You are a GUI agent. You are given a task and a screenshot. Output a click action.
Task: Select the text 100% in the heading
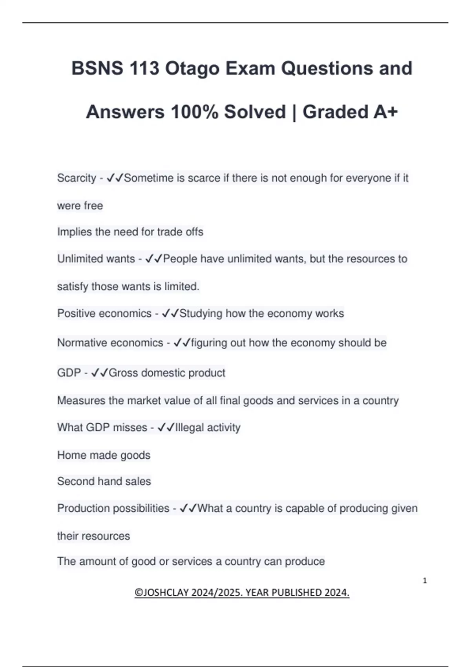(194, 112)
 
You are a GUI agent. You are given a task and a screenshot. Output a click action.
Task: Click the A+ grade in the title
(385, 112)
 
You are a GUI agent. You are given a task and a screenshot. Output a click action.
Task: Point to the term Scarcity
(77, 178)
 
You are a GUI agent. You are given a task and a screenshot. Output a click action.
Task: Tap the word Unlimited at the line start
(76, 259)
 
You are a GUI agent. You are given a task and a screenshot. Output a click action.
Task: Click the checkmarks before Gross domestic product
(99, 373)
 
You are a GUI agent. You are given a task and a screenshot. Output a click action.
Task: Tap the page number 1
(425, 581)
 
